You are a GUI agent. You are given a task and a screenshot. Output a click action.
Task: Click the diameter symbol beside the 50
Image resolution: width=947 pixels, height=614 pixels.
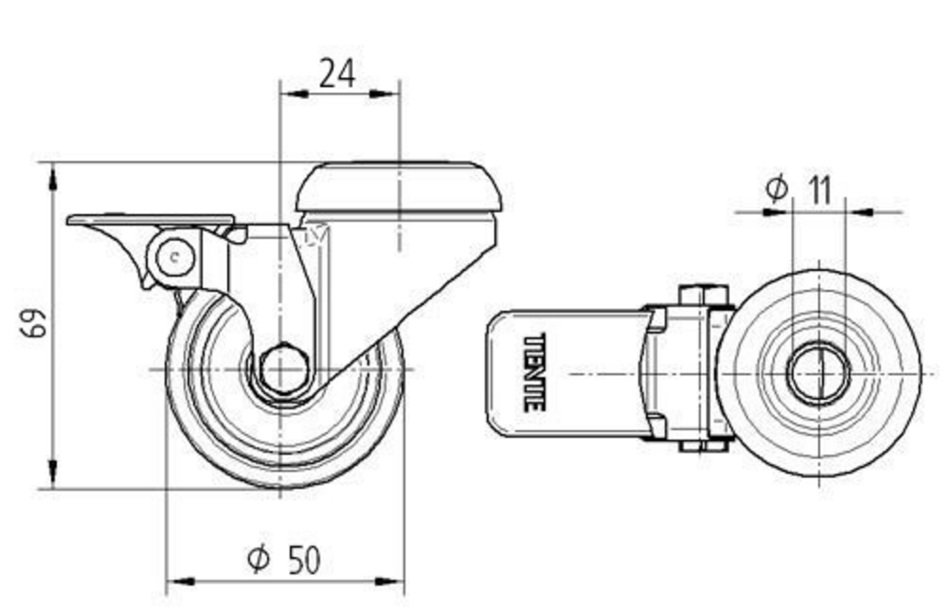(258, 560)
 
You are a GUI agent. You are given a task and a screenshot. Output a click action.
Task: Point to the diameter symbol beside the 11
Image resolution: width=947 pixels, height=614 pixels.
(776, 190)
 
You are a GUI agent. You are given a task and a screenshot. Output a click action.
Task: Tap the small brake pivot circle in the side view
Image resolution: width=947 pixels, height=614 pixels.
(172, 255)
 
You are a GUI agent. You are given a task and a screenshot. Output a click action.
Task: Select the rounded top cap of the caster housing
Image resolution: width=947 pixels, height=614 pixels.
(398, 187)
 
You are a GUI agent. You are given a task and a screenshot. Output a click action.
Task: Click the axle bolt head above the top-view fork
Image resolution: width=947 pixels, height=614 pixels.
(702, 294)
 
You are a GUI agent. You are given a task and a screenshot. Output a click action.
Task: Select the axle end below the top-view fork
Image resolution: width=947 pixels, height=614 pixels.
(702, 447)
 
